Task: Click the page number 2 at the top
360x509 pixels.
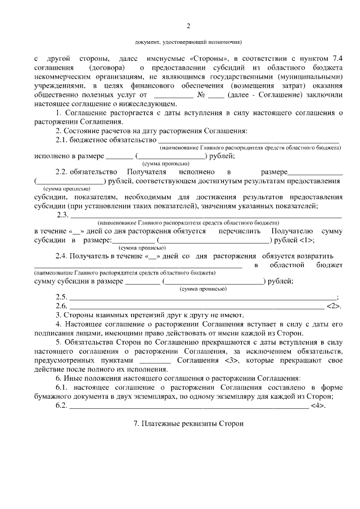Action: coord(188,26)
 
